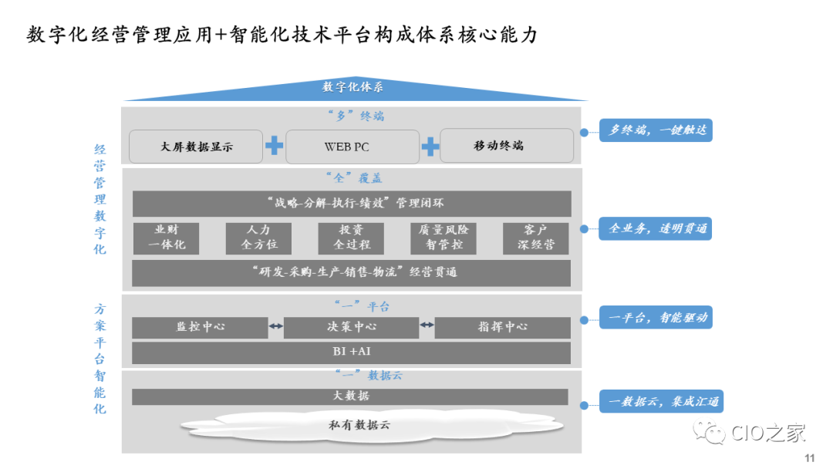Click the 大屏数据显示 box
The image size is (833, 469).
click(x=197, y=146)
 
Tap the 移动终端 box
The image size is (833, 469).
click(x=507, y=145)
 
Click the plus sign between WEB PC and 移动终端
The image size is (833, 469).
click(x=430, y=146)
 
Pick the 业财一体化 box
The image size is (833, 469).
click(x=166, y=238)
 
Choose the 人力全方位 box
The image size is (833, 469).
click(x=259, y=238)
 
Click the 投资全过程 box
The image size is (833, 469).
click(x=352, y=238)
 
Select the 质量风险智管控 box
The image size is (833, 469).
click(x=443, y=238)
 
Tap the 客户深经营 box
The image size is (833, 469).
click(x=535, y=238)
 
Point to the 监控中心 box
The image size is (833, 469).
click(x=200, y=327)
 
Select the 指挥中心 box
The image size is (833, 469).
click(x=502, y=327)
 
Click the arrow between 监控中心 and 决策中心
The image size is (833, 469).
click(x=275, y=327)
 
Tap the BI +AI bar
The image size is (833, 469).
click(x=351, y=353)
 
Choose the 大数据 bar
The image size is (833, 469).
click(x=350, y=396)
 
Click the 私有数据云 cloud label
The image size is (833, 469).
click(x=354, y=426)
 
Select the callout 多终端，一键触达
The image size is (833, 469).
click(x=657, y=130)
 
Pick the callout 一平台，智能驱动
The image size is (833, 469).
click(x=657, y=317)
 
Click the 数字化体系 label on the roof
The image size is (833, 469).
click(x=353, y=87)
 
